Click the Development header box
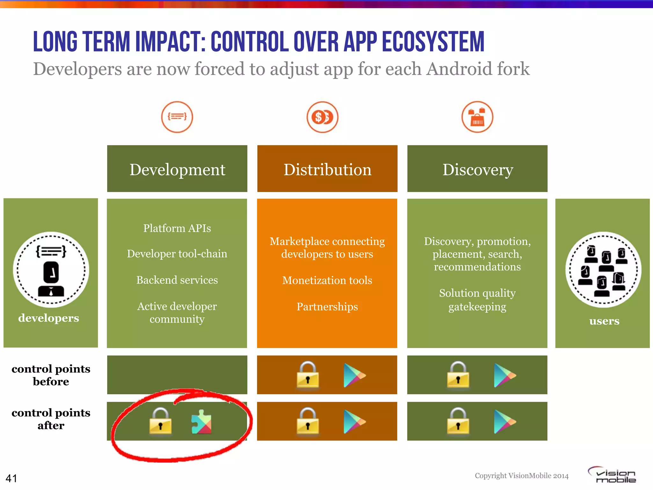pyautogui.click(x=177, y=169)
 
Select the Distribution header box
pyautogui.click(x=327, y=169)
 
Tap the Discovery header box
pyautogui.click(x=477, y=169)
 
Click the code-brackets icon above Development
pyautogui.click(x=177, y=117)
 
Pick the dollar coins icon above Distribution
pyautogui.click(x=322, y=117)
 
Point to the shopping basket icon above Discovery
pyautogui.click(x=477, y=117)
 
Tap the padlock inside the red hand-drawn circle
pyautogui.click(x=160, y=421)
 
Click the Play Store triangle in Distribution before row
pyautogui.click(x=354, y=375)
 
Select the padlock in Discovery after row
pyautogui.click(x=458, y=421)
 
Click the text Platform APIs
pyautogui.click(x=177, y=228)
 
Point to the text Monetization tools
pyautogui.click(x=327, y=280)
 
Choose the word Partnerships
pyautogui.click(x=327, y=307)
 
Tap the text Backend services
pyautogui.click(x=177, y=280)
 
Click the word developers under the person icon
pyautogui.click(x=48, y=318)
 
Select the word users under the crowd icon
pyautogui.click(x=604, y=321)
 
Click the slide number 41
pyautogui.click(x=11, y=478)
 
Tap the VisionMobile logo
pyautogui.click(x=612, y=475)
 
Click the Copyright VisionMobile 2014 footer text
pyautogui.click(x=522, y=476)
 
